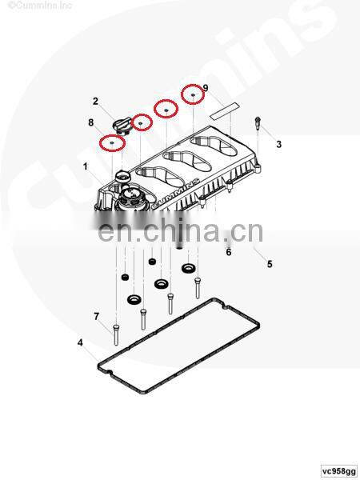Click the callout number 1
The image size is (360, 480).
[x=85, y=167]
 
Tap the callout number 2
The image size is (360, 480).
[x=95, y=101]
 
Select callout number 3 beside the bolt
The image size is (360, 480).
[x=278, y=144]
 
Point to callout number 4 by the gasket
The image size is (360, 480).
[x=80, y=342]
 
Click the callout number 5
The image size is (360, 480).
[x=270, y=264]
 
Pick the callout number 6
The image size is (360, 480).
[x=229, y=252]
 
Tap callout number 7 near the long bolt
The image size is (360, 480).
[x=97, y=317]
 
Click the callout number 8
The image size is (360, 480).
[x=91, y=122]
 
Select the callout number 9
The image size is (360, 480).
[x=206, y=88]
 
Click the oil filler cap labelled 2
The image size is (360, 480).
[x=122, y=126]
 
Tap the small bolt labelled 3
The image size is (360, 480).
[x=258, y=122]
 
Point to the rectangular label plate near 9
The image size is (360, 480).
[x=225, y=110]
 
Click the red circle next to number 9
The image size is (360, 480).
[x=193, y=94]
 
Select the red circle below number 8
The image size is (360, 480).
[x=112, y=143]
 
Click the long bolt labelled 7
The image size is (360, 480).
[x=116, y=335]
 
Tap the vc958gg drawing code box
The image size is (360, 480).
[x=339, y=470]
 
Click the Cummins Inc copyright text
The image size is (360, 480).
[x=39, y=6]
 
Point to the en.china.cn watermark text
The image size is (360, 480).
[x=180, y=230]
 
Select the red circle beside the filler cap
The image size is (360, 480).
[x=142, y=122]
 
